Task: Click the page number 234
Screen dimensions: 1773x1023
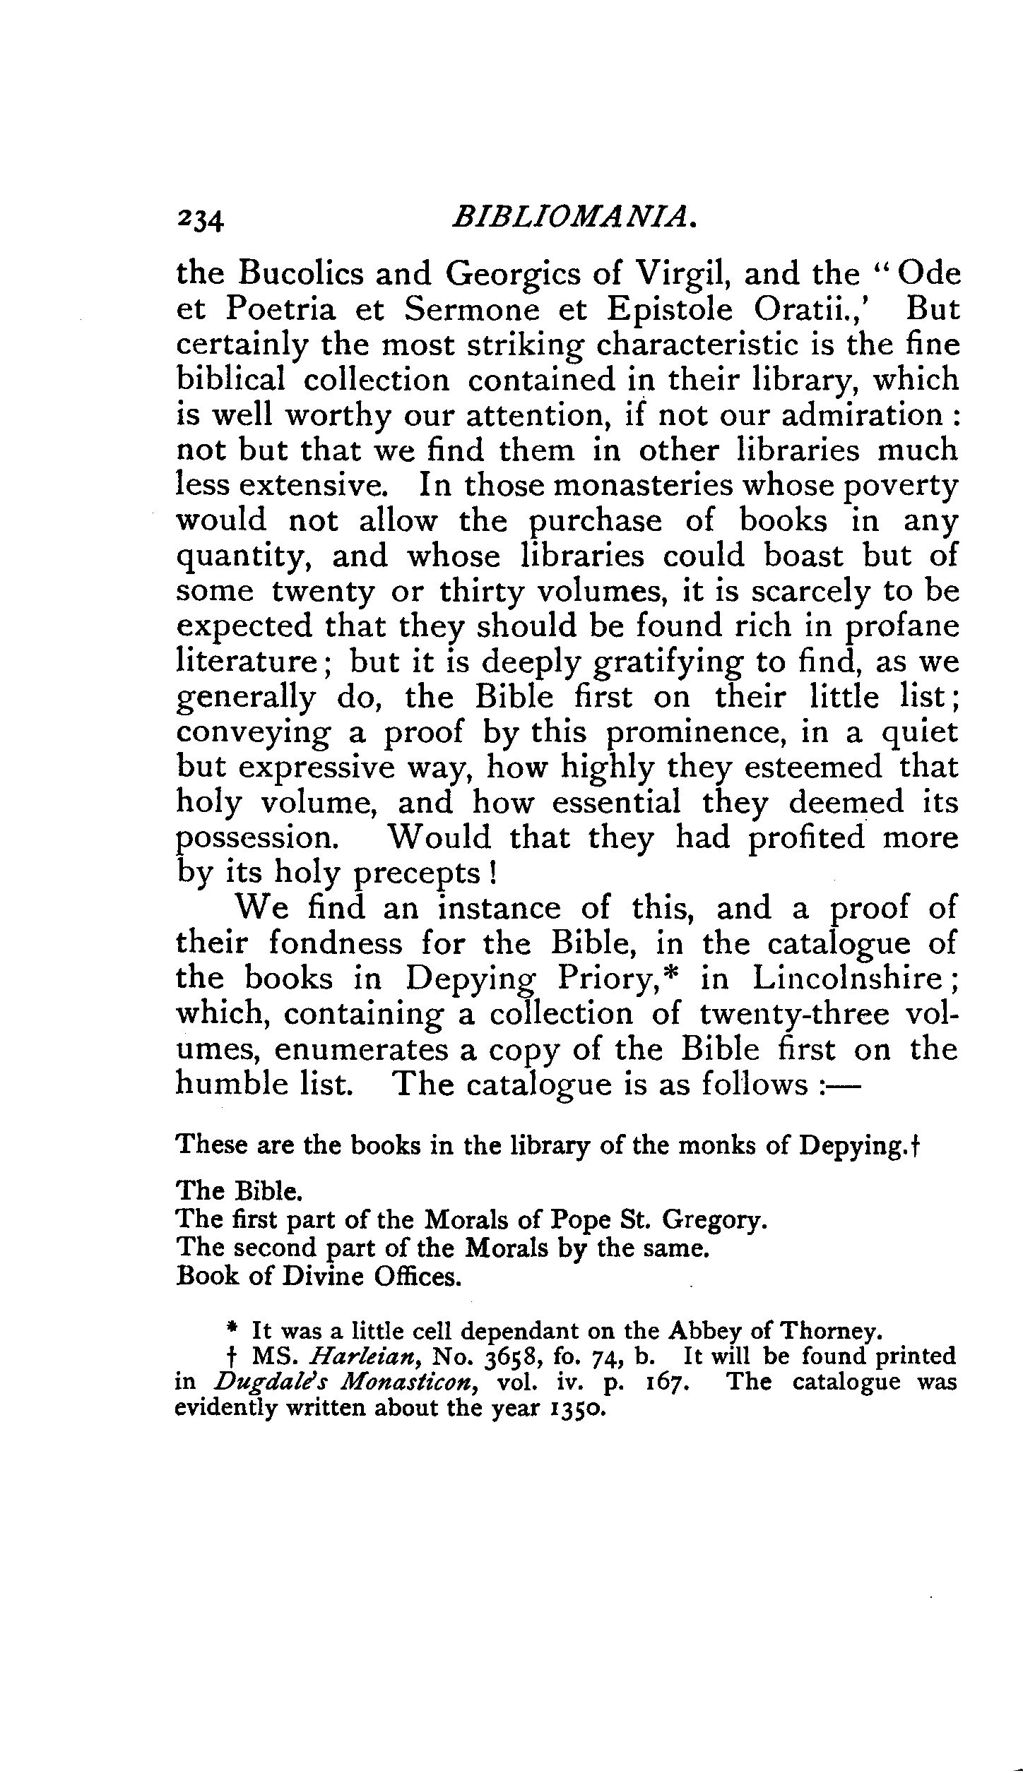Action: point(200,221)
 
